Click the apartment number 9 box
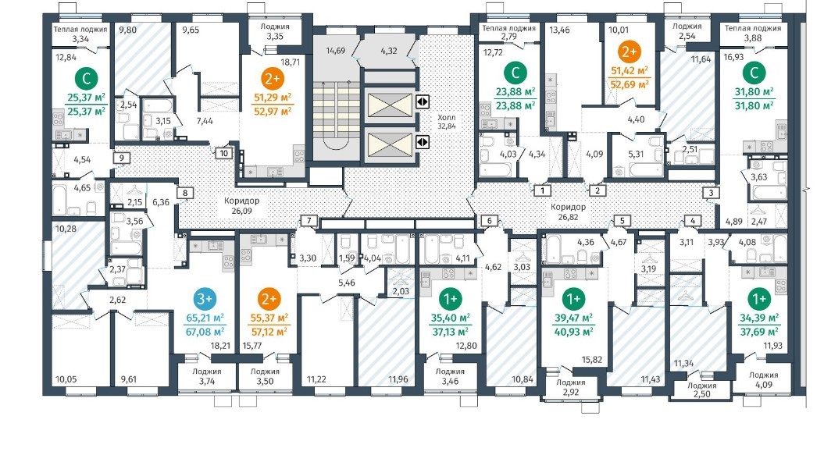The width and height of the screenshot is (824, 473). pyautogui.click(x=121, y=157)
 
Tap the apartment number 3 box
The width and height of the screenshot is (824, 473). pyautogui.click(x=711, y=193)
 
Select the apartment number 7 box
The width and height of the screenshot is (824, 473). pyautogui.click(x=309, y=220)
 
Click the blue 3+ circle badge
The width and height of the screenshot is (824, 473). pyautogui.click(x=205, y=299)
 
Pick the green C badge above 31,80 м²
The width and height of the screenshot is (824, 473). pyautogui.click(x=754, y=73)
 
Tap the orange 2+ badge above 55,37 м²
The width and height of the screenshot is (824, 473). pyautogui.click(x=269, y=299)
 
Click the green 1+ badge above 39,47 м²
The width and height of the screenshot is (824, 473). pyautogui.click(x=573, y=299)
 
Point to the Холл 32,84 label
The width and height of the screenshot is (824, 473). pyautogui.click(x=447, y=122)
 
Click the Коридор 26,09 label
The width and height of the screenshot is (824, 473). pyautogui.click(x=242, y=206)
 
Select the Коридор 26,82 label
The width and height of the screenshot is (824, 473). pyautogui.click(x=568, y=212)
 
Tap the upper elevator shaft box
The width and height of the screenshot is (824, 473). pyautogui.click(x=390, y=105)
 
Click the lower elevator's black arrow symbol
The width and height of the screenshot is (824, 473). pyautogui.click(x=423, y=142)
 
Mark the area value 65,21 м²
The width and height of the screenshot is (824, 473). pyautogui.click(x=205, y=318)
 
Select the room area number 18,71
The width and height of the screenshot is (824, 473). pyautogui.click(x=290, y=62)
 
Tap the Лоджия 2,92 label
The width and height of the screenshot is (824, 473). pyautogui.click(x=571, y=387)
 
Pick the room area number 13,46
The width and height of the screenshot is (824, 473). pyautogui.click(x=560, y=30)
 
